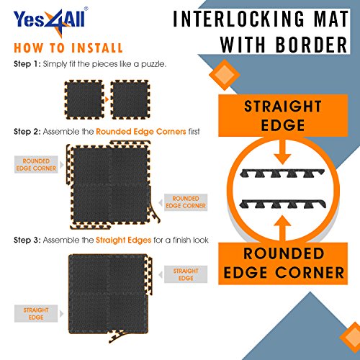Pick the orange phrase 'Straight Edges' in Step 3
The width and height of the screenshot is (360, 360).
coord(123,240)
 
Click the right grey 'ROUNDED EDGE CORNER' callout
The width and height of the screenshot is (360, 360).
coord(186,202)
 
